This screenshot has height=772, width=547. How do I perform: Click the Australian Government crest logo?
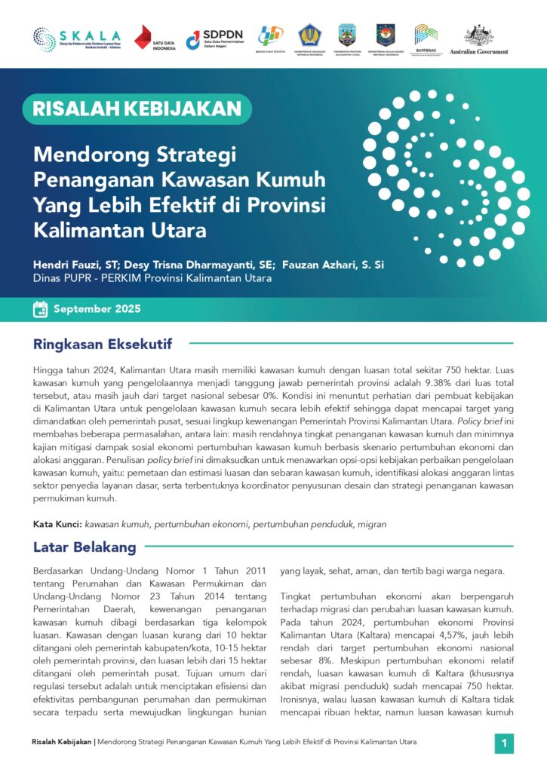pos(478,39)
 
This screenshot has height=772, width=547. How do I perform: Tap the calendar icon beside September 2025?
pos(41,308)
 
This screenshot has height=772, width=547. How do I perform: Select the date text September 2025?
pos(97,309)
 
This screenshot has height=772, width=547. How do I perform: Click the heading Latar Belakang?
pos(85,547)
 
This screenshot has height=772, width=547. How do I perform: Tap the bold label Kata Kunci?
pos(57,523)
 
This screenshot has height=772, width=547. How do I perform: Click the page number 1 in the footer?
pos(503,744)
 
